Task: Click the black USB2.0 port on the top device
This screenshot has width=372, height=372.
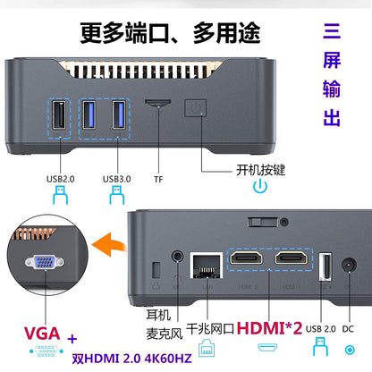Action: click(x=57, y=119)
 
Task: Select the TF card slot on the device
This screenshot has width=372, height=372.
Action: click(x=158, y=105)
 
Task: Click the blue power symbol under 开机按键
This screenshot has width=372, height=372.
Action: click(x=259, y=187)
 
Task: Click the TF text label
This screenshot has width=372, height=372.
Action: click(x=157, y=178)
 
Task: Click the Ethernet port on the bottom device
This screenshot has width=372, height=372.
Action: click(x=206, y=266)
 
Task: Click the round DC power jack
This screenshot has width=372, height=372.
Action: click(x=350, y=265)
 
